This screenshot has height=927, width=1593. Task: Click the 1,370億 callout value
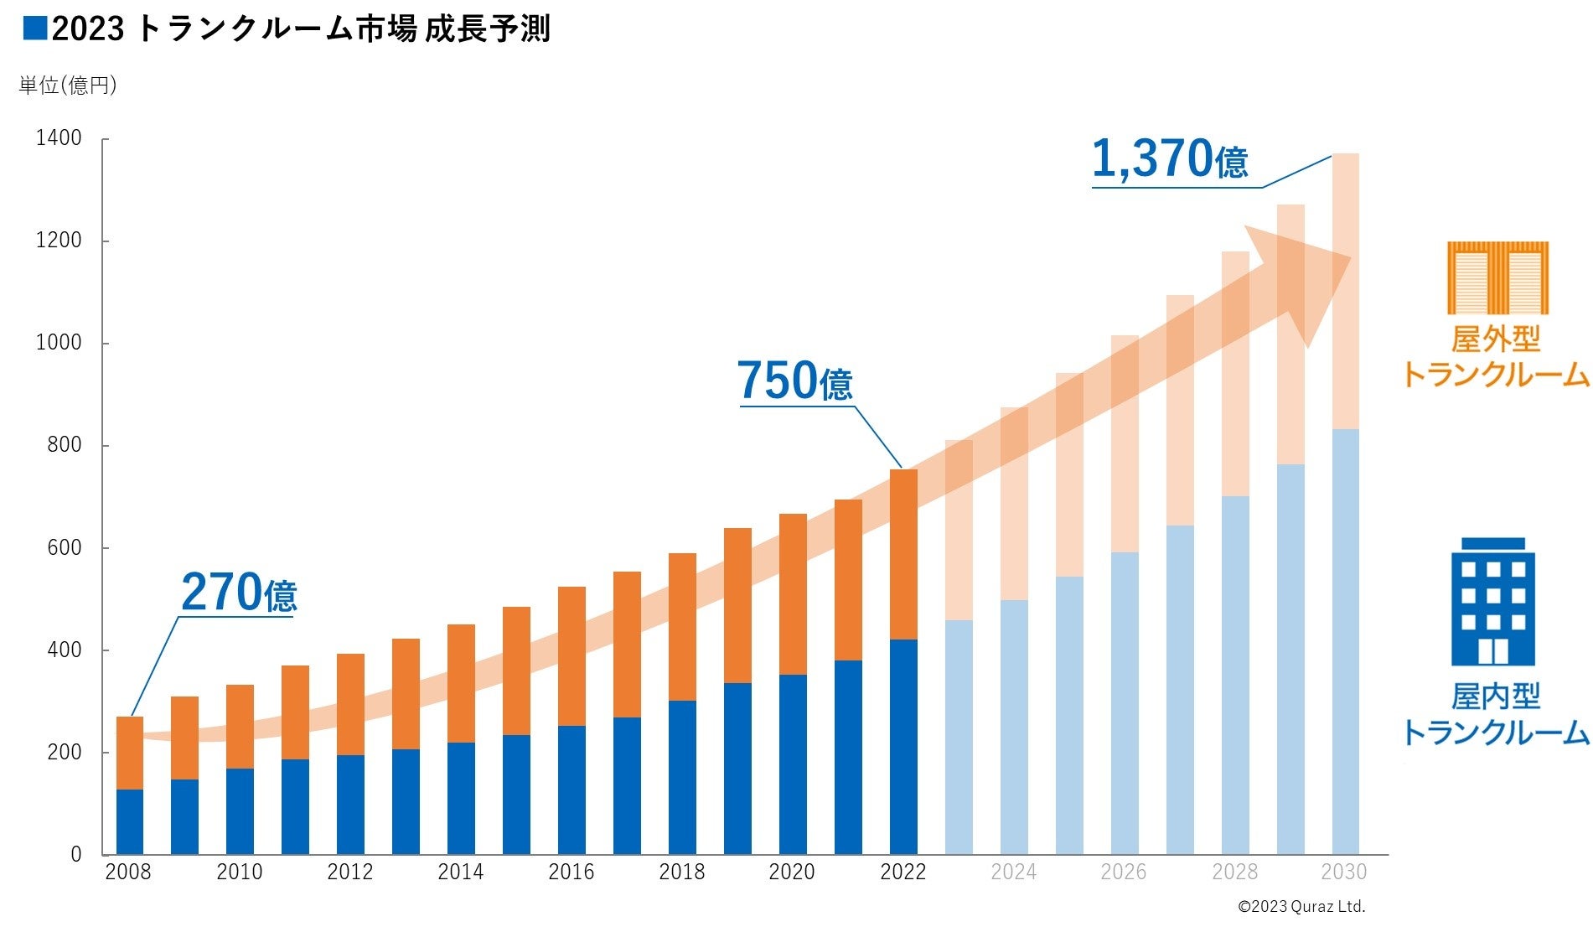click(x=1169, y=159)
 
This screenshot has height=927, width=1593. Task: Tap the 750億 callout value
click(x=794, y=381)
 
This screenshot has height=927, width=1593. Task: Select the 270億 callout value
click(x=239, y=593)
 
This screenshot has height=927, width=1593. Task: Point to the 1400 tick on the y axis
click(x=59, y=138)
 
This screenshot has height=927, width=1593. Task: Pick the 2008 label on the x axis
click(x=128, y=873)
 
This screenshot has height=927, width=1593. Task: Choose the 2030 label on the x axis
click(x=1343, y=873)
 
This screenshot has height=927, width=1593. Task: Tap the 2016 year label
click(x=571, y=873)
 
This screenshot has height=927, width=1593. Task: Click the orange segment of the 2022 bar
click(x=903, y=554)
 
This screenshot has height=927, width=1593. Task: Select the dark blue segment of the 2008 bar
click(x=130, y=821)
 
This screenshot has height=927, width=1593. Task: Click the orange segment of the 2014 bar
click(x=461, y=683)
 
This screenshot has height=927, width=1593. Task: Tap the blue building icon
click(x=1492, y=601)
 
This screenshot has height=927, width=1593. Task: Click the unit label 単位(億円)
click(x=68, y=85)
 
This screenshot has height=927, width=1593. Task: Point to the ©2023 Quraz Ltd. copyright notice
click(x=1301, y=907)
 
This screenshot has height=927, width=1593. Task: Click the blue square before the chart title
click(x=35, y=28)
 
